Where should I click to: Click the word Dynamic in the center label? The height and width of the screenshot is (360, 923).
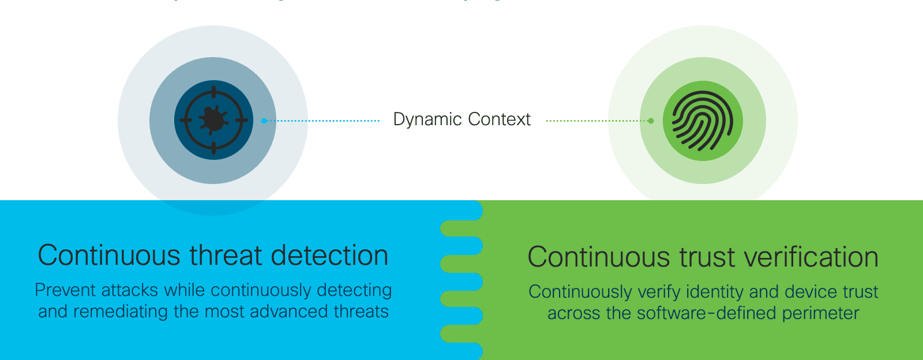(427, 119)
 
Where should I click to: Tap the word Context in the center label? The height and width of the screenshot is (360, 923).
(499, 119)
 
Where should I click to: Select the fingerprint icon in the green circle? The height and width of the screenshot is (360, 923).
(702, 121)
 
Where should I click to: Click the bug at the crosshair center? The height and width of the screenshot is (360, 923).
(213, 120)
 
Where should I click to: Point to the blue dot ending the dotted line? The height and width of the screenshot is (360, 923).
(264, 121)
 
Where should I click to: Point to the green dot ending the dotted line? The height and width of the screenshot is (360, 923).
(651, 121)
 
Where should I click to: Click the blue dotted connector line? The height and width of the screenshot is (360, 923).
(323, 121)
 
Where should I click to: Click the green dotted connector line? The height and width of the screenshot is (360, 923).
(597, 121)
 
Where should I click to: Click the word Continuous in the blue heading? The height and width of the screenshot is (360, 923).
(109, 256)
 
